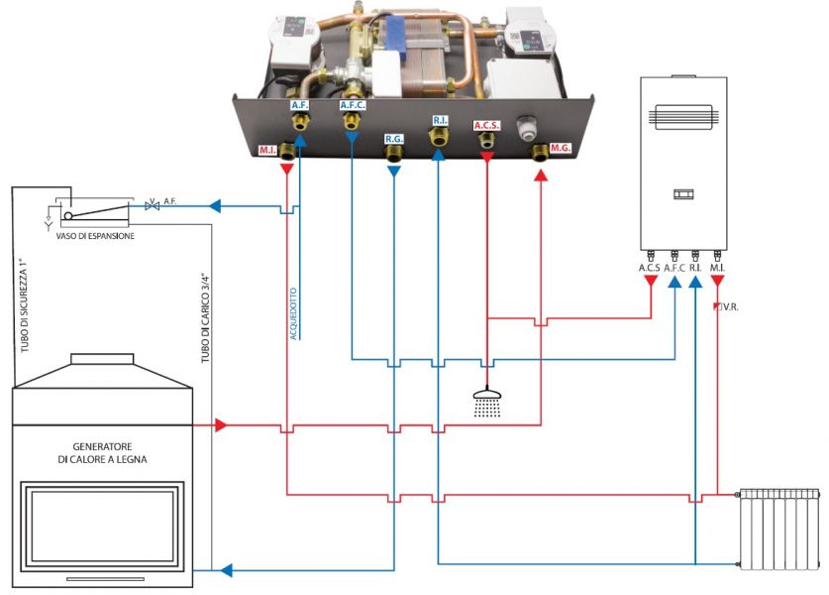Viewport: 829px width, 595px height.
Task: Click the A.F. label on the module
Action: [300, 105]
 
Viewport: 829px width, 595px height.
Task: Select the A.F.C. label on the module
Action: [353, 105]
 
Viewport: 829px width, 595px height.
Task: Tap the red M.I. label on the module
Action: [267, 151]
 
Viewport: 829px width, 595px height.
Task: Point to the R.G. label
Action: [394, 139]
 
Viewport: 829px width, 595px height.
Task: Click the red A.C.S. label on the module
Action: [486, 126]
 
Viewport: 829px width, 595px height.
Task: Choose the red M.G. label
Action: [560, 148]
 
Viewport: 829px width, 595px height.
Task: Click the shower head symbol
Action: [487, 403]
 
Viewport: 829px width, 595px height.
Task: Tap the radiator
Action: [778, 529]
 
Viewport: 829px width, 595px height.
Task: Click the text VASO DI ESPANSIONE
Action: [95, 236]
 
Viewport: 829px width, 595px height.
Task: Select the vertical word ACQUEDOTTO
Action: [293, 313]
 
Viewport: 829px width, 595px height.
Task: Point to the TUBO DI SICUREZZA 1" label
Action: [24, 305]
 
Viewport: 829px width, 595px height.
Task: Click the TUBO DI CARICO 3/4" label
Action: [206, 317]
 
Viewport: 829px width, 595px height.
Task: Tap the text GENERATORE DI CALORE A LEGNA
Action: [102, 453]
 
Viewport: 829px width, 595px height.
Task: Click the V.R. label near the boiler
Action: [730, 307]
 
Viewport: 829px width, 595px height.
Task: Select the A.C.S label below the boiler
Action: [650, 268]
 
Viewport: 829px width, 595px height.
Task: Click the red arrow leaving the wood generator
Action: [221, 424]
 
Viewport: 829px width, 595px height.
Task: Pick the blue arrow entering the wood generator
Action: [226, 570]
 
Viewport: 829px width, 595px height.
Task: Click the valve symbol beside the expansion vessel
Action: [153, 205]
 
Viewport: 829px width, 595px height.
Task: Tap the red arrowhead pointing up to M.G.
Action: [541, 176]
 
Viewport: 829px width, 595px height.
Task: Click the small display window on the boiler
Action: [683, 194]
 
